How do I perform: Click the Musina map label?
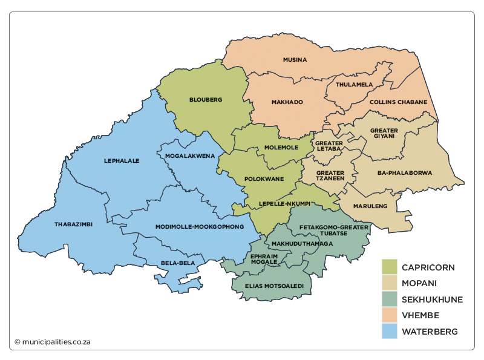(295, 60)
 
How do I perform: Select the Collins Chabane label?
(398, 102)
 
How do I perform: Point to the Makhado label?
(287, 102)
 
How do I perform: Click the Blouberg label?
(206, 99)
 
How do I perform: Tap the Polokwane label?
(264, 179)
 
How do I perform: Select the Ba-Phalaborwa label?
(405, 173)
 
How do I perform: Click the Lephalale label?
(122, 161)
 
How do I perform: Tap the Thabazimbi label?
(73, 224)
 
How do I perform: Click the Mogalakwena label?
(190, 156)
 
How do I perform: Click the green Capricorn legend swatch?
(389, 267)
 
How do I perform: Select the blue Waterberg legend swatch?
(389, 332)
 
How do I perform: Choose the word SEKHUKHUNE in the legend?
(432, 299)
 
